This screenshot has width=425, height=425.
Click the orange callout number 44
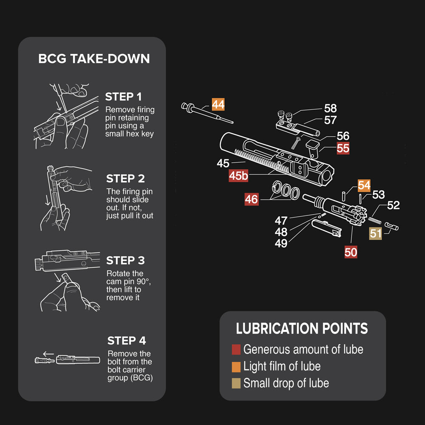pos(218,105)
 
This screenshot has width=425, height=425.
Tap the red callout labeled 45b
pos(238,176)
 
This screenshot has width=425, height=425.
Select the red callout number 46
pos(251,199)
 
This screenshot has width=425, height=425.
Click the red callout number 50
pos(351,252)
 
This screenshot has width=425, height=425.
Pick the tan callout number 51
pos(376,233)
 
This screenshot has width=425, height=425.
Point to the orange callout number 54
pos(364,185)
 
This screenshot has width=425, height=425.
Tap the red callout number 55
pos(343,148)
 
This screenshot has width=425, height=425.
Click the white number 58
pos(330,108)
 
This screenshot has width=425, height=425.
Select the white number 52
pos(393,205)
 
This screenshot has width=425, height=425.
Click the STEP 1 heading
pos(124,96)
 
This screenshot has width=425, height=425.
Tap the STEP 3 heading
pos(125,260)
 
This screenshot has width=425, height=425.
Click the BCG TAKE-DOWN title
pos(94,59)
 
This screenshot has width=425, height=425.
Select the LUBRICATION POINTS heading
pos(302,329)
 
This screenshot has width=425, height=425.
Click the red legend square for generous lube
pos(236,350)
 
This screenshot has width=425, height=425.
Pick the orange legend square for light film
pos(236,366)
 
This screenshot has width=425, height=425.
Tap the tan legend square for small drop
pos(236,383)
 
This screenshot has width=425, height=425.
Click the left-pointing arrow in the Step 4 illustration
pos(48,353)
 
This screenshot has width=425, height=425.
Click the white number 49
pos(281,243)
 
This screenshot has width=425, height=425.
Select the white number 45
pos(223,163)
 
